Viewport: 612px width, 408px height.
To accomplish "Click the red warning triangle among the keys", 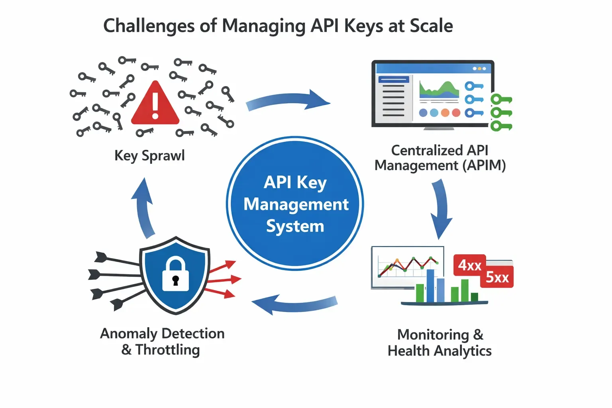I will pyautogui.click(x=155, y=104).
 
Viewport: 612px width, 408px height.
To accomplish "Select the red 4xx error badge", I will pyautogui.click(x=469, y=265).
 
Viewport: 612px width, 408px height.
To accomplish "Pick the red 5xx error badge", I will pyautogui.click(x=497, y=277).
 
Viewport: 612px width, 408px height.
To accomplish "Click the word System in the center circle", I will pyautogui.click(x=295, y=226).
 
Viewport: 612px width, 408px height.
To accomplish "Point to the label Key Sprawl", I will pyautogui.click(x=149, y=155).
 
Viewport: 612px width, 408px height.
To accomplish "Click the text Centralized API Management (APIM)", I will pyautogui.click(x=440, y=158).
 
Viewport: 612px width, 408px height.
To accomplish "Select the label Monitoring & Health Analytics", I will pyautogui.click(x=439, y=343).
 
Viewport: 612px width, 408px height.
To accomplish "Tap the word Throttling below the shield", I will pyautogui.click(x=167, y=350).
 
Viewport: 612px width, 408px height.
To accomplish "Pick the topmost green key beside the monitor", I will pyautogui.click(x=501, y=99).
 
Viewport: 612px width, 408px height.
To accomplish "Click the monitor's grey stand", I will pyautogui.click(x=439, y=128).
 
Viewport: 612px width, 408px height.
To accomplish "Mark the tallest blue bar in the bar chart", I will pyautogui.click(x=430, y=285).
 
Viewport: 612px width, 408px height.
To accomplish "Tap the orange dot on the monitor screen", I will pyautogui.click(x=445, y=113).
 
